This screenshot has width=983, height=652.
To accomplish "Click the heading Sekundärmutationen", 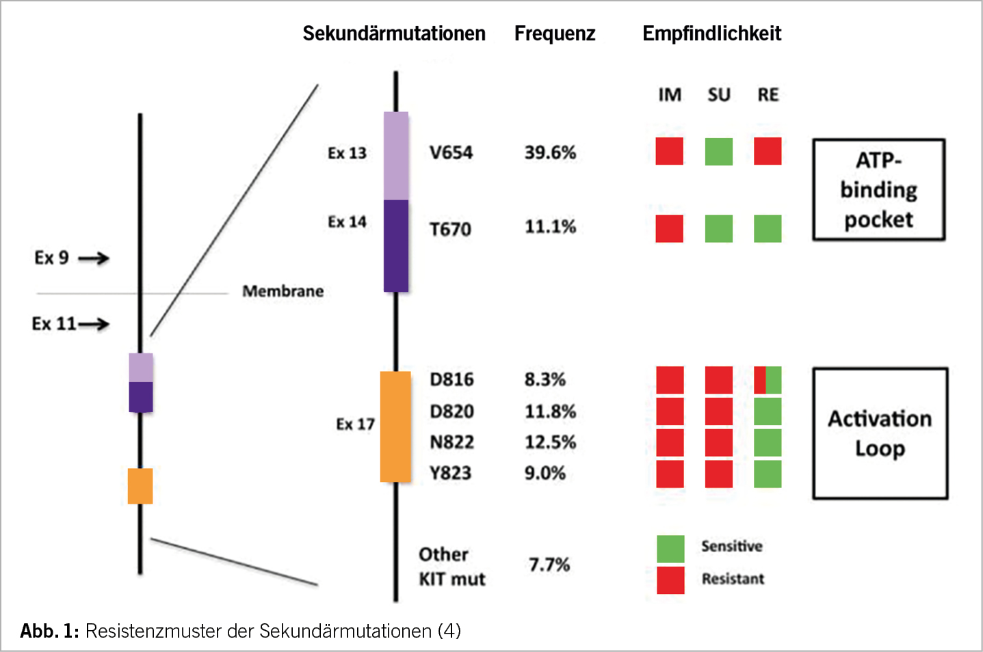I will tap(394, 33).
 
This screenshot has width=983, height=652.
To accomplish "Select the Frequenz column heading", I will tap(555, 33).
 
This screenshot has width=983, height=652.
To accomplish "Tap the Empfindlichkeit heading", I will tap(711, 33).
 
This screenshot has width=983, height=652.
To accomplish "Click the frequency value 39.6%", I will tap(550, 152).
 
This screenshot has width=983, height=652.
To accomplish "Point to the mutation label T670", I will tap(450, 229).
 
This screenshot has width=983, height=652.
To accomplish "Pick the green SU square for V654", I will tap(718, 152).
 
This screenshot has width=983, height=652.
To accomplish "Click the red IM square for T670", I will tap(669, 228).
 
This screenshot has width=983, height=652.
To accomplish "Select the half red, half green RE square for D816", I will tap(768, 380).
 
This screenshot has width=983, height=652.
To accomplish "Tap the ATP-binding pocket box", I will tap(878, 190).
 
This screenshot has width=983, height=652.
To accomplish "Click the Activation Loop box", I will tap(880, 433).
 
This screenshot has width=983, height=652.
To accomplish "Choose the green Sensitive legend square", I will tap(670, 549).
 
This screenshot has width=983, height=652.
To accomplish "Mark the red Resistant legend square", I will tap(670, 580).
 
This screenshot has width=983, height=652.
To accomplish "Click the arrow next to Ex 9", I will tap(94, 258).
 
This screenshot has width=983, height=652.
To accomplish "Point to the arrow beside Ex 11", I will tap(94, 324).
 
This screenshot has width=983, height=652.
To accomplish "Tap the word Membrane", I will tap(283, 291).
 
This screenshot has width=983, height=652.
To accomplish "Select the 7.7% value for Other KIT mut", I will tap(549, 565).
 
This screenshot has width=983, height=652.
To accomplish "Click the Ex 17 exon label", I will tap(355, 424).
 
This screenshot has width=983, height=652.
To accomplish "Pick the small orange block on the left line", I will tap(140, 486).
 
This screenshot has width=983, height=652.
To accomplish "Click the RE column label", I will tap(768, 95).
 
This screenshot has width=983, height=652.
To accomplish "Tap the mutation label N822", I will tap(451, 442).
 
